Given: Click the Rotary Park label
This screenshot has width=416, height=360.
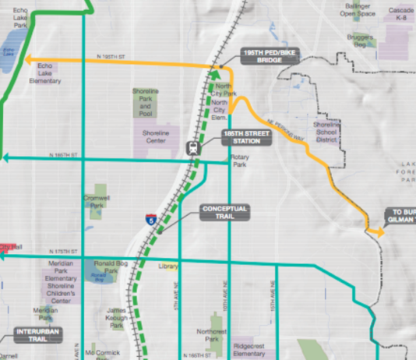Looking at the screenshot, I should [238, 161].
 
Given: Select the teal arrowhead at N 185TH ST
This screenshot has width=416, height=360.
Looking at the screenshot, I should [5, 157].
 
